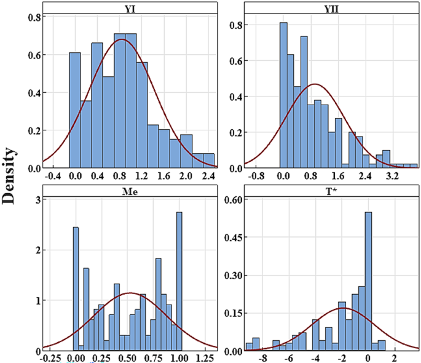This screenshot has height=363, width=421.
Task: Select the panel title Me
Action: pyautogui.click(x=129, y=191)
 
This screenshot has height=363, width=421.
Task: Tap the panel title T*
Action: pyautogui.click(x=332, y=191)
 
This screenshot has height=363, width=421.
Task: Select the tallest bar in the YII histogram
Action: pyautogui.click(x=283, y=95)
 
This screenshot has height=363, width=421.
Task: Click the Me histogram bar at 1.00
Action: pyautogui.click(x=179, y=281)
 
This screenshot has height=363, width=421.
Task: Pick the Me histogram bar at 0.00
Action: pyautogui.click(x=76, y=289)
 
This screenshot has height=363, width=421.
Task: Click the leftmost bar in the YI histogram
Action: pyautogui.click(x=75, y=110)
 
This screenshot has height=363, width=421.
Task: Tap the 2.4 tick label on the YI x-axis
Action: pyautogui.click(x=208, y=177)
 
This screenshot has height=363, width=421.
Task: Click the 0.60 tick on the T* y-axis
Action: pyautogui.click(x=232, y=199)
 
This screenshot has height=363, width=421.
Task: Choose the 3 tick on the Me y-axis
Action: pyautogui.click(x=36, y=199)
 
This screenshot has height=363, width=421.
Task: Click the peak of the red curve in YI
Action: pyautogui.click(x=121, y=40)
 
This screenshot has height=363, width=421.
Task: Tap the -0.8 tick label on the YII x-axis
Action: pyautogui.click(x=254, y=177)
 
